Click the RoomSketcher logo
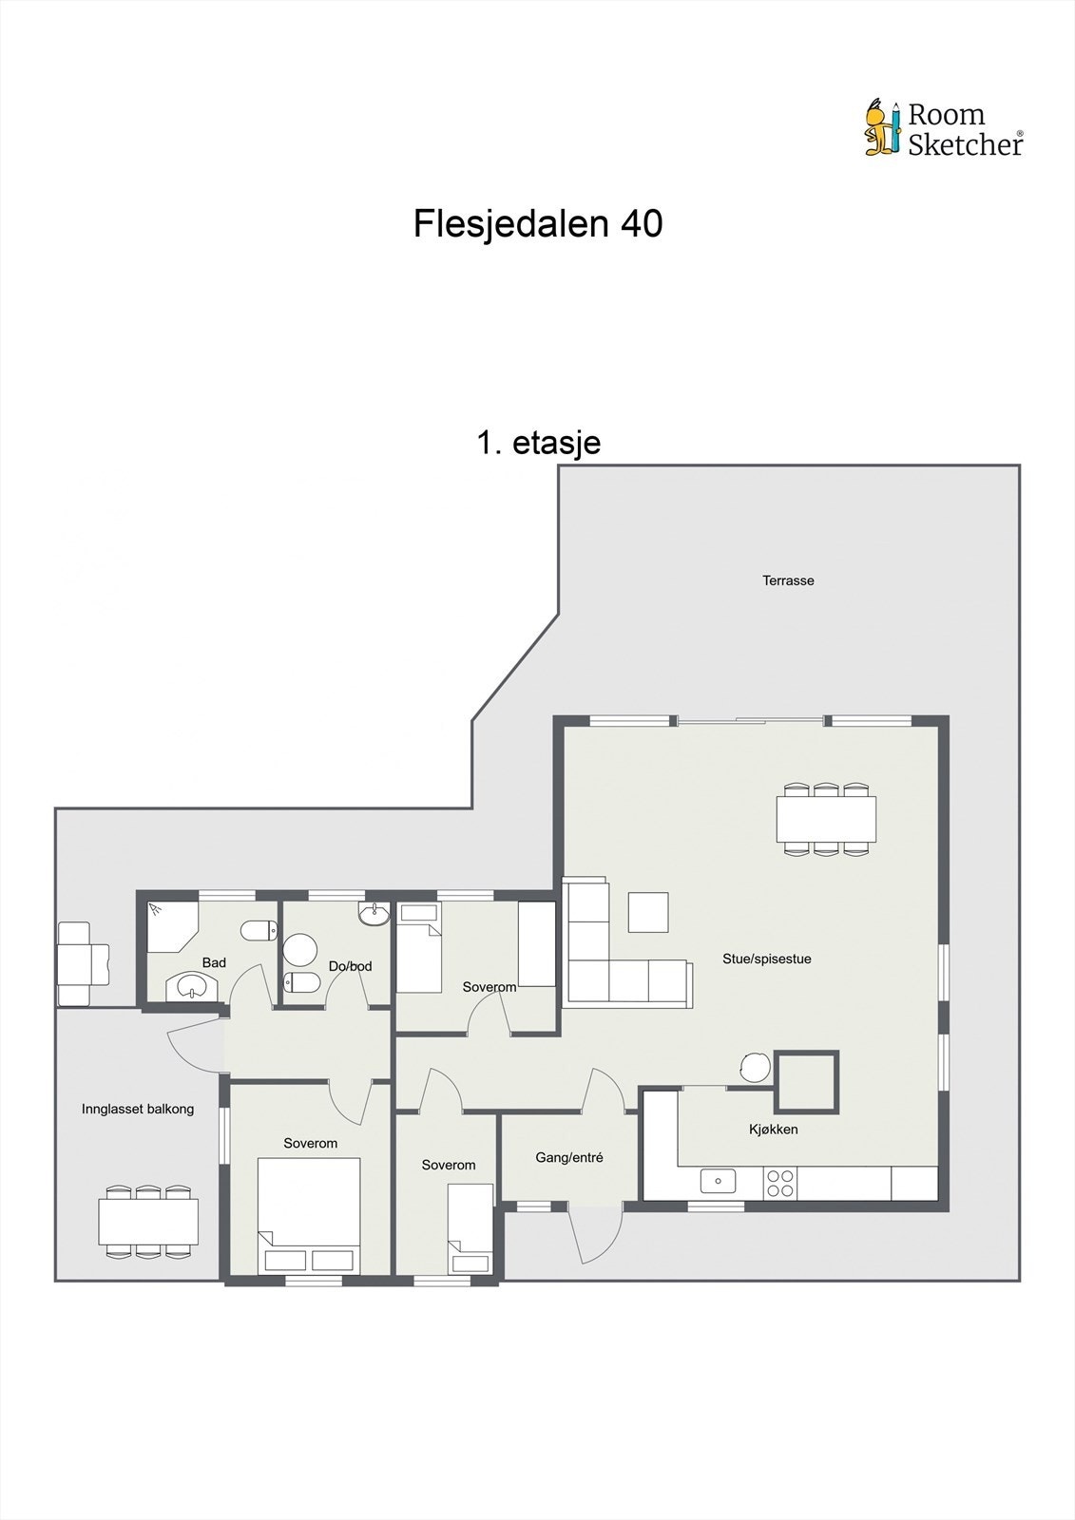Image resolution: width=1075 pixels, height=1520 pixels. click(x=943, y=128)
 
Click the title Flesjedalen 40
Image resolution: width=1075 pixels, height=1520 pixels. click(x=537, y=224)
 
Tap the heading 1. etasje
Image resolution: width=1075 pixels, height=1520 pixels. click(x=538, y=443)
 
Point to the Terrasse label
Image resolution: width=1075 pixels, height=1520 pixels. click(x=788, y=580)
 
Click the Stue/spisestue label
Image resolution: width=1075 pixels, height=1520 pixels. click(x=766, y=959)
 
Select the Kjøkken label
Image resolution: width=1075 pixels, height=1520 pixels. click(x=773, y=1130)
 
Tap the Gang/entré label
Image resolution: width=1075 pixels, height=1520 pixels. click(x=569, y=1158)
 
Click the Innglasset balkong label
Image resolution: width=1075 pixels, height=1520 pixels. click(x=138, y=1109)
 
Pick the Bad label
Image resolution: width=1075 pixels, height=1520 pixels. click(x=214, y=962)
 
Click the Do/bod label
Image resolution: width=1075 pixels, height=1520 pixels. click(x=350, y=966)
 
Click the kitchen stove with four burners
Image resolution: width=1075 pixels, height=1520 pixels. click(x=780, y=1183)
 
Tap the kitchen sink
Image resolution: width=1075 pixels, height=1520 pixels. click(x=718, y=1181)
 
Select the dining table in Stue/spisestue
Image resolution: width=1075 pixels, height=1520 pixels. click(x=826, y=819)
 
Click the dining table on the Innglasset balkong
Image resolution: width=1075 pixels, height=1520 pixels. click(x=148, y=1221)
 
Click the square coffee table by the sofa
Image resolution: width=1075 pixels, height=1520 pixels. click(x=647, y=912)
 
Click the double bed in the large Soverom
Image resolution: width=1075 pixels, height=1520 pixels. click(x=309, y=1214)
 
